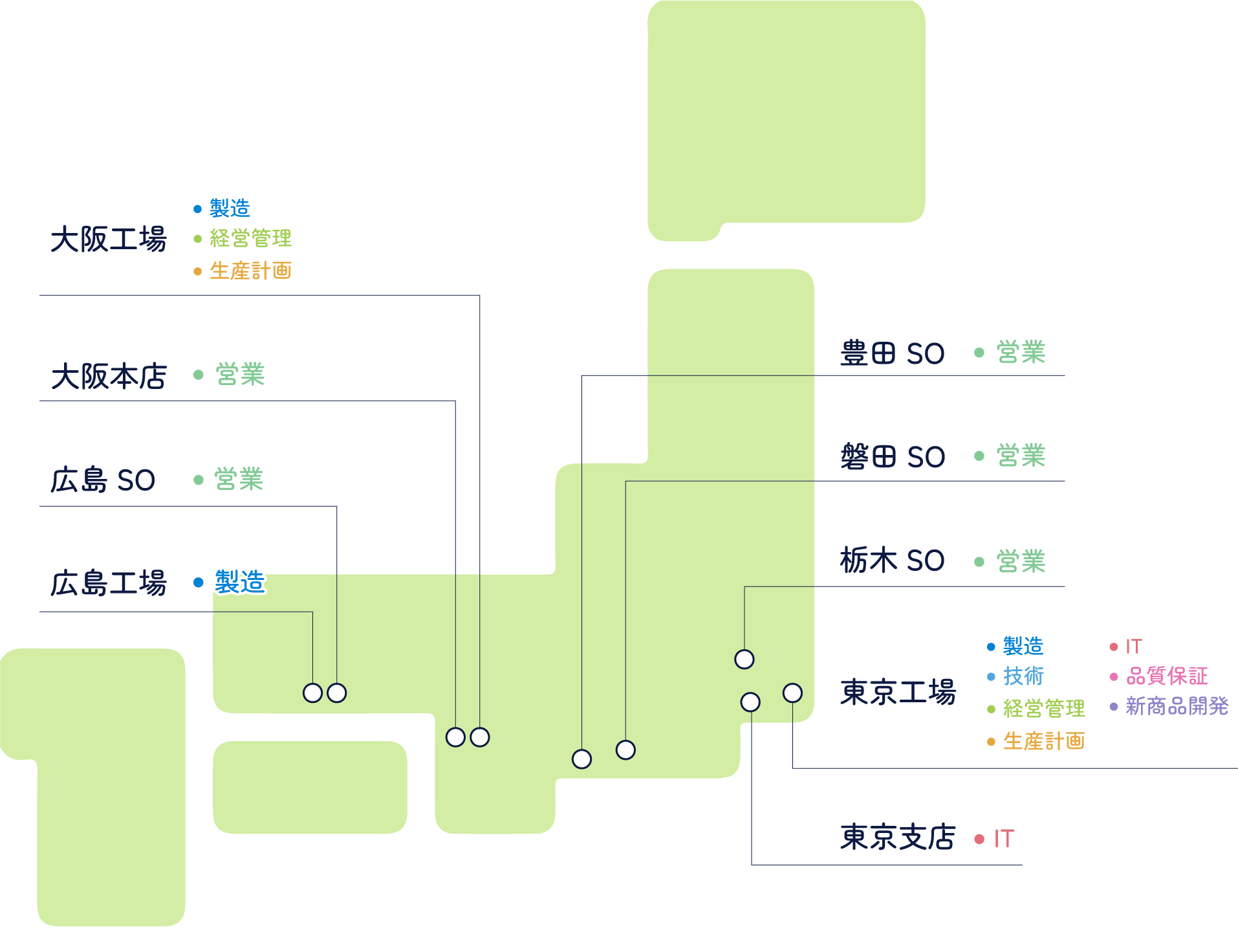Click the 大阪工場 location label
point(109,239)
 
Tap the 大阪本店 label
point(109,376)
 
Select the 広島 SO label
point(103,480)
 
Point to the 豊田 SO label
point(892,353)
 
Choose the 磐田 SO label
point(892,457)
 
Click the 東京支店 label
point(898,837)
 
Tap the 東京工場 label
point(898,692)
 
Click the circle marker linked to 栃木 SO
point(744,659)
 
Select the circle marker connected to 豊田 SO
point(581,759)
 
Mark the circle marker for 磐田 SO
point(625,749)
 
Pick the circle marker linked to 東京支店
point(750,702)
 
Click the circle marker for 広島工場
point(312,693)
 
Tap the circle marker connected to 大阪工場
point(480,737)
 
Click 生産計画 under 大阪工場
point(250,271)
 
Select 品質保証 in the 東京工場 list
point(1167,676)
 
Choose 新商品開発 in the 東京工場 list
point(1177,706)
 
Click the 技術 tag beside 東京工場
point(1023,676)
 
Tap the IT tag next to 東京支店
point(1003,839)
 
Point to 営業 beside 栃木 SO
point(1021,561)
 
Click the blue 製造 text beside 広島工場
point(239,582)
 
